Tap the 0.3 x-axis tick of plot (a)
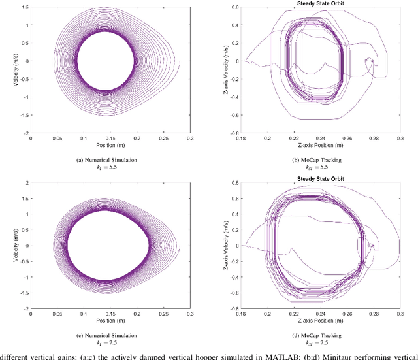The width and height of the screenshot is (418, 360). coord(190,139)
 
